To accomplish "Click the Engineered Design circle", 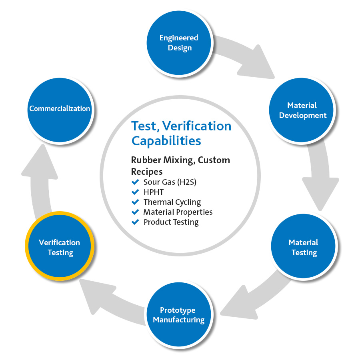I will pos(179,43).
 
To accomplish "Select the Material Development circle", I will pos(303,110).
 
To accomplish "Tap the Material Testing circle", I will pos(303,247).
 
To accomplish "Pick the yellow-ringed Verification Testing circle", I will pos(59,247).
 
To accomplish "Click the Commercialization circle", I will pos(60,108).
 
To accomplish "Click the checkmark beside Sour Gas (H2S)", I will pos(135,182).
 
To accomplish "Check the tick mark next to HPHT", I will pos(135,192).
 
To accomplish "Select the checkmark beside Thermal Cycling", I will pos(135,202).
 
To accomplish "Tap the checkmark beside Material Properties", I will pos(135,212).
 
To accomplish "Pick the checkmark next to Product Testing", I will pos(135,222).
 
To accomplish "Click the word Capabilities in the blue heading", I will pos(166,141).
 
